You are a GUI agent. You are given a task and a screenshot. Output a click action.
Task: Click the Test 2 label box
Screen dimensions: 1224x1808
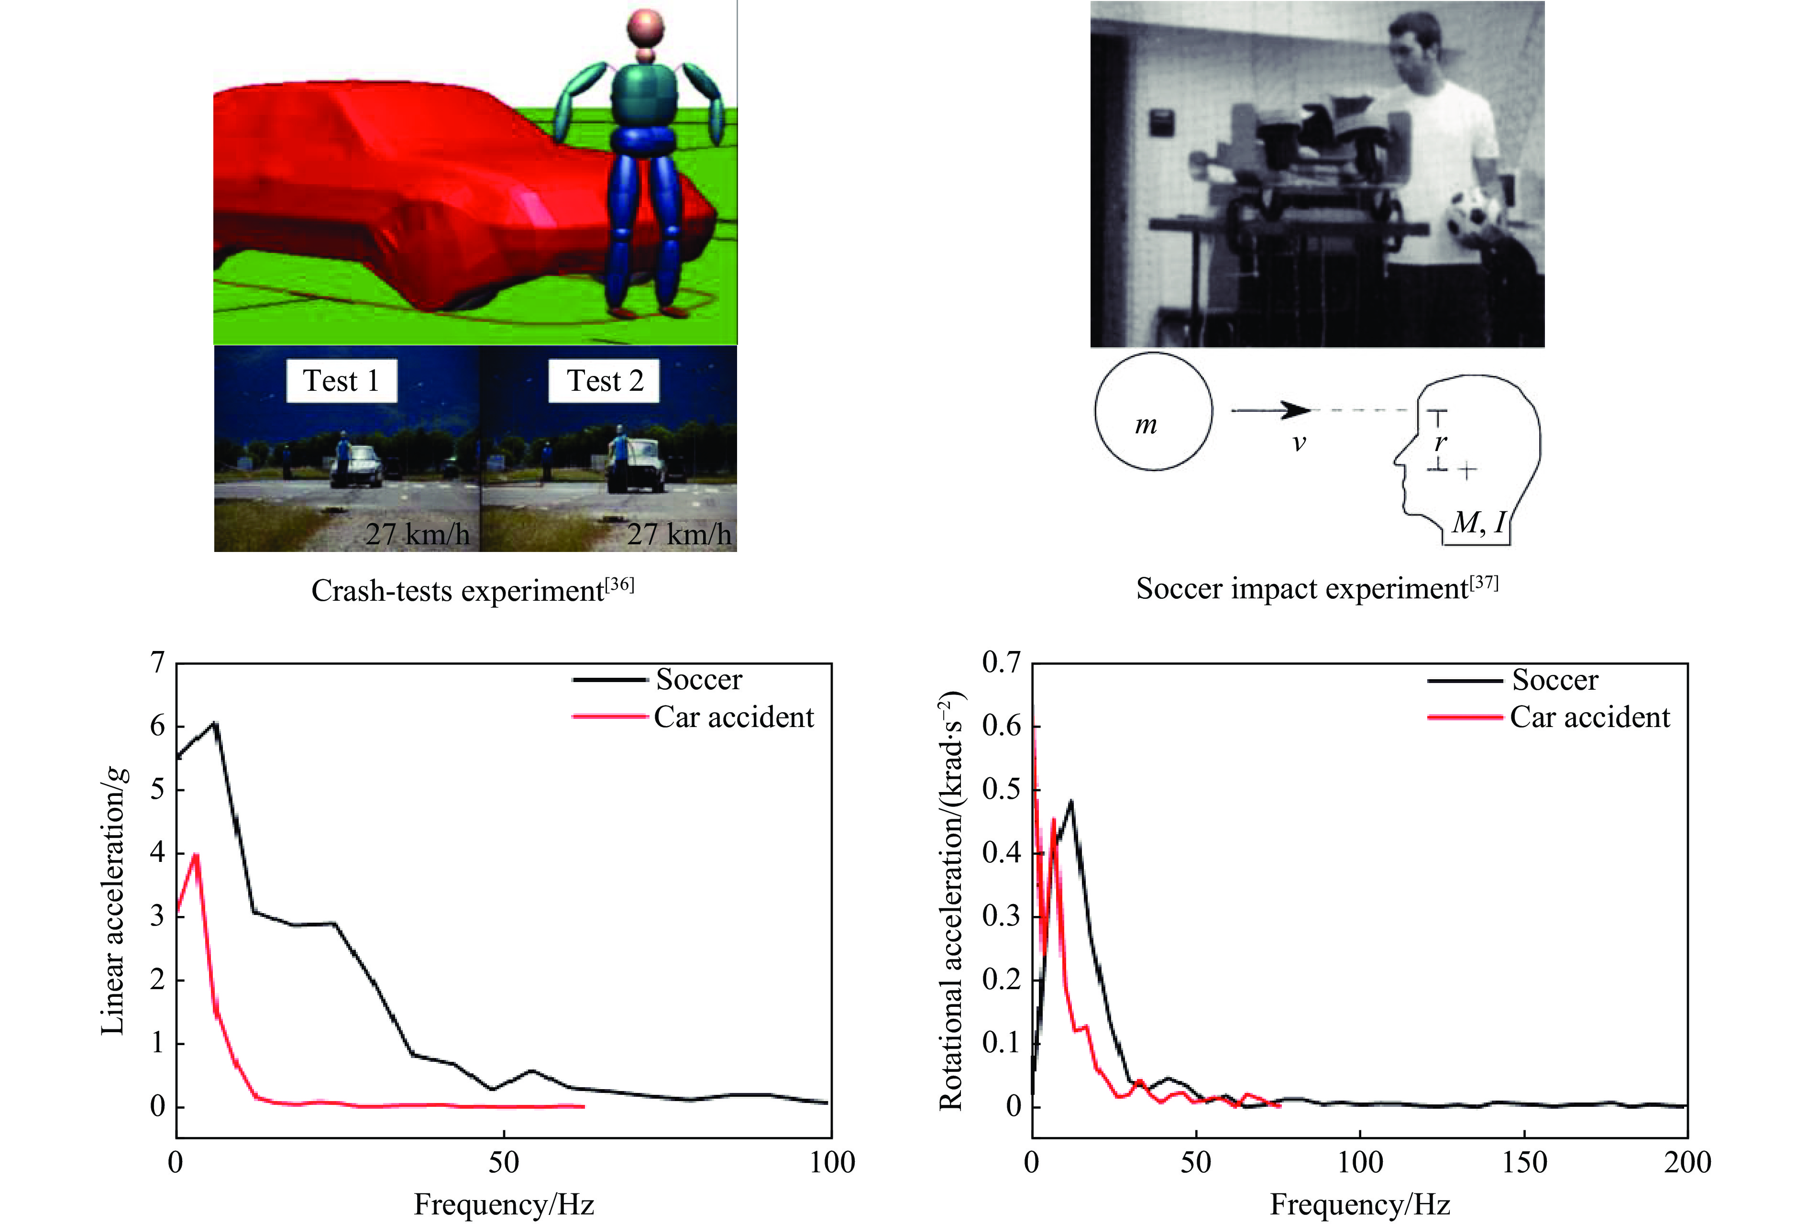[x=605, y=381]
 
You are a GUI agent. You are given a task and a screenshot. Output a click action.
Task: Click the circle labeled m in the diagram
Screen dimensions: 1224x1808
[x=1153, y=412]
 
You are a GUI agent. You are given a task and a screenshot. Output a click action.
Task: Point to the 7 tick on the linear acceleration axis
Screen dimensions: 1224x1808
[x=158, y=663]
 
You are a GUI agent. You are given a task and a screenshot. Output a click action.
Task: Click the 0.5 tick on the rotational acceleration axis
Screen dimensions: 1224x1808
[x=1001, y=790]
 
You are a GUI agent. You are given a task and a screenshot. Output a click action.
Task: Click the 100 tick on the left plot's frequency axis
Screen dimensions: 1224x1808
[x=832, y=1162]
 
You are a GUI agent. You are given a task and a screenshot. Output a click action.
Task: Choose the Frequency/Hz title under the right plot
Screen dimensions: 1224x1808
[x=1359, y=1204]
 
